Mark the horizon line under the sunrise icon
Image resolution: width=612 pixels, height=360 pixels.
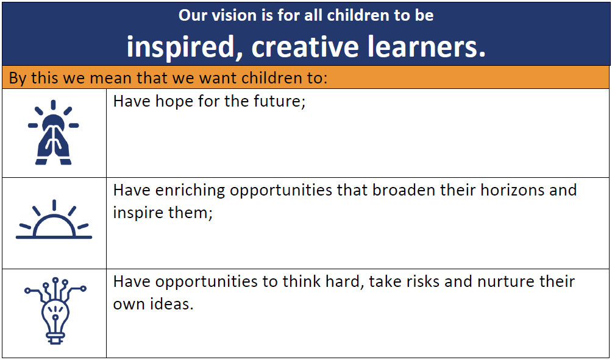pyautogui.click(x=54, y=237)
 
